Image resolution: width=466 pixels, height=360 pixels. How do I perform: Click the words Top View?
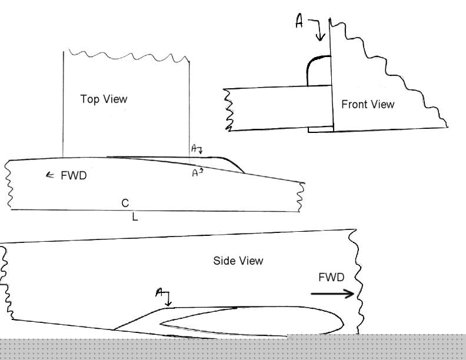point(104,99)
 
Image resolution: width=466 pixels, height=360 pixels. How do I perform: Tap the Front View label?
point(368,104)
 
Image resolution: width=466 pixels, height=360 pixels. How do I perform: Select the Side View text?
point(238,261)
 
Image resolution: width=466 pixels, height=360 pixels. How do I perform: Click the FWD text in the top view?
point(74,175)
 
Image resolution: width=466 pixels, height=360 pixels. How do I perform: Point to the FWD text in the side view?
point(332,277)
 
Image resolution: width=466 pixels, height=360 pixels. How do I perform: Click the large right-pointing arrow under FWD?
point(333,293)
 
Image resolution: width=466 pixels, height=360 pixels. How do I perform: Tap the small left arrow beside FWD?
point(50,175)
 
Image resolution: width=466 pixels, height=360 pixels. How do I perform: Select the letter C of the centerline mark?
point(125,204)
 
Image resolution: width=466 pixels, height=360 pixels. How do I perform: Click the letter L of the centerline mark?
point(135,218)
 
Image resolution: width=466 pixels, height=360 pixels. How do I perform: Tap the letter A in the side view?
point(159,292)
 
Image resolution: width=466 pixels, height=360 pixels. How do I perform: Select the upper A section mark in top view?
point(194,149)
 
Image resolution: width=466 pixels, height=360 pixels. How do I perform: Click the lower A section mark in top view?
point(195,172)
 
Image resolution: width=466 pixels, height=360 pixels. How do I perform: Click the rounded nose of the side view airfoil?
point(341,321)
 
